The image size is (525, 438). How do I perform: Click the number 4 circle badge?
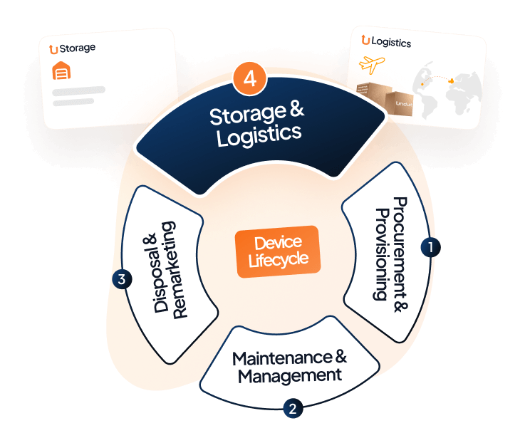pos(249,78)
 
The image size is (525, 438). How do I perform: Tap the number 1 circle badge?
pos(430,246)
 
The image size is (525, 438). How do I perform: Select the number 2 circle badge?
pos(293,408)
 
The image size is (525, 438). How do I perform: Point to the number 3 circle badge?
pos(122,279)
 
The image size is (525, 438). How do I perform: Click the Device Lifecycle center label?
pos(279,251)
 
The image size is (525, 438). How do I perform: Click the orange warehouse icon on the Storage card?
pos(63,71)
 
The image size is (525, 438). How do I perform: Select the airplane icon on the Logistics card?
pos(376,65)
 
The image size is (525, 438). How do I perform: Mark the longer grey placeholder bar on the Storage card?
pos(79,90)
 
